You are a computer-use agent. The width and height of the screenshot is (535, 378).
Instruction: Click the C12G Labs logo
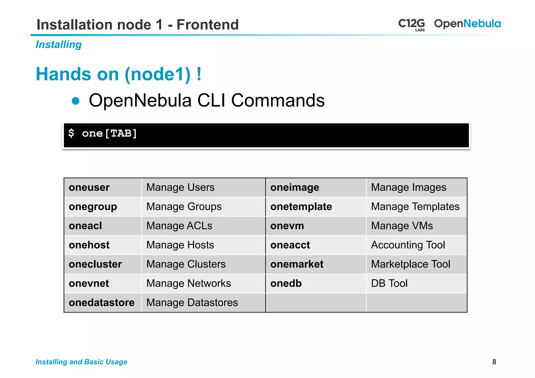(411, 24)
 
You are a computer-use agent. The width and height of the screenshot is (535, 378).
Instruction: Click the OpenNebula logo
(467, 24)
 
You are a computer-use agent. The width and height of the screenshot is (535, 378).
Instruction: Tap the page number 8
(494, 362)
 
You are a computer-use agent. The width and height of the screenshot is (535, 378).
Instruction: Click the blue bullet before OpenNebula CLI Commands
(76, 101)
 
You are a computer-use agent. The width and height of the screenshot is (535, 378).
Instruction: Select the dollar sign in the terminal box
(71, 133)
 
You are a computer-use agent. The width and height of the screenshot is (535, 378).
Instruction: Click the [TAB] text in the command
(121, 133)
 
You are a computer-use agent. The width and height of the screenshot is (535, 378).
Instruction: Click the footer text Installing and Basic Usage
(81, 362)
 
